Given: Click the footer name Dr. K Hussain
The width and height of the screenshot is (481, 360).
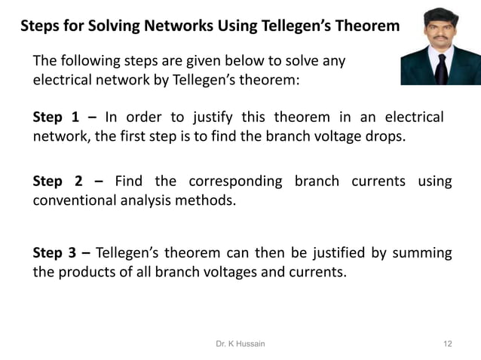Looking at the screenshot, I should point(240,343).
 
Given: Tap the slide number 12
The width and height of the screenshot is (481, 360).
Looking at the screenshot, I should point(448,343).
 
